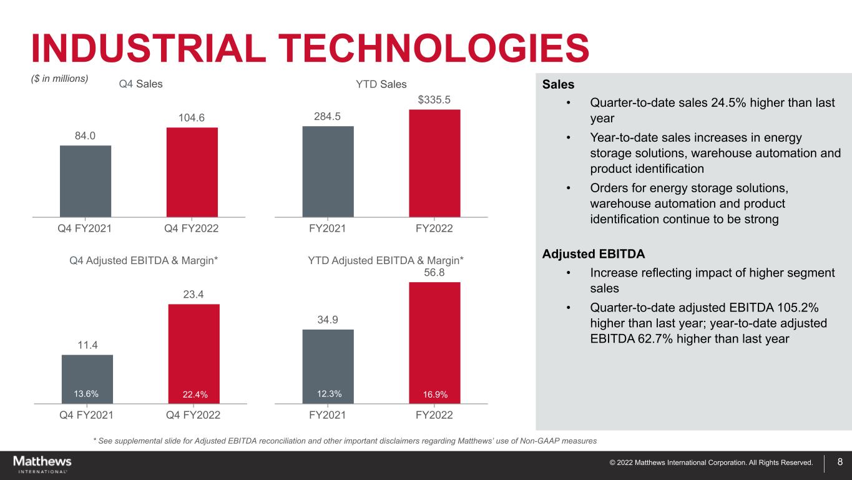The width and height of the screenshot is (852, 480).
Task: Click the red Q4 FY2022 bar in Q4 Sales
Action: point(192,172)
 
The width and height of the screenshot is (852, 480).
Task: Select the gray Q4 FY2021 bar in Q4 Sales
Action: point(86,181)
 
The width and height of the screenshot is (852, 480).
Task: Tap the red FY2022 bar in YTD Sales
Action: point(434,163)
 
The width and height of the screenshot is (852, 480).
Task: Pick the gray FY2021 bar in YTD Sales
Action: point(328,171)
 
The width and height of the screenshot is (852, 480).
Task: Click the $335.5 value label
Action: point(434,100)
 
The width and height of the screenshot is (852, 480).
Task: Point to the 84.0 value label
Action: point(86,135)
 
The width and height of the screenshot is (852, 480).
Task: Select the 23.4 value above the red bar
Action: point(193,294)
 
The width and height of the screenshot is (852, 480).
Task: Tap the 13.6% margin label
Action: point(86,393)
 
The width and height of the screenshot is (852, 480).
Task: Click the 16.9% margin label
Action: point(435,394)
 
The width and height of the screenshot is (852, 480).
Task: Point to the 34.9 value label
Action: point(328,320)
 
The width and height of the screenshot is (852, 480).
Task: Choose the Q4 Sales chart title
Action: point(140,84)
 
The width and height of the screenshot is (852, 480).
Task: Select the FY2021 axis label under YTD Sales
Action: point(328,228)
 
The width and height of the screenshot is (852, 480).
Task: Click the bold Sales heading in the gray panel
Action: point(558,84)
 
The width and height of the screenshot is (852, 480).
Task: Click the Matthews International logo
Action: point(42,464)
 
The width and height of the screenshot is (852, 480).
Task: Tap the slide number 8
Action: point(840,463)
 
